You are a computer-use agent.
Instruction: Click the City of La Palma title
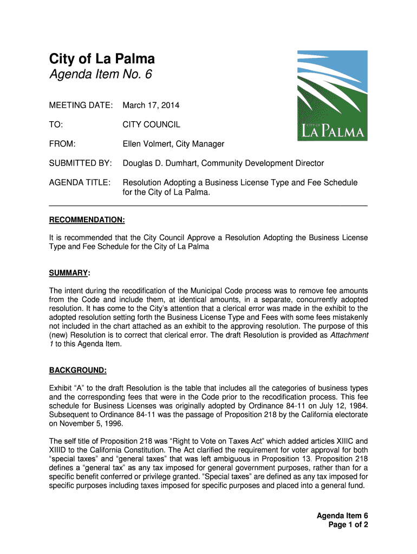coord(102,59)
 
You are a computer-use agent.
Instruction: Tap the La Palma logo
coord(332,96)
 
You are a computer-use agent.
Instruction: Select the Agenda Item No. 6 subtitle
coord(101,75)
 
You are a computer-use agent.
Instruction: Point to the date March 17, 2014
coord(151,105)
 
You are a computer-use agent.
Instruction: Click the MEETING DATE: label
coord(81,105)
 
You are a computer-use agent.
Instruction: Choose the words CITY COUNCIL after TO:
coord(151,124)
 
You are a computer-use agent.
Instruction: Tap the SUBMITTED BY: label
coord(81,163)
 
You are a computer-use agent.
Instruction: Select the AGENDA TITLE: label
coord(80,182)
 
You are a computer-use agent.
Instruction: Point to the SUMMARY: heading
coord(70,273)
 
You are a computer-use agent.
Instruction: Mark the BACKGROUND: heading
coord(78,370)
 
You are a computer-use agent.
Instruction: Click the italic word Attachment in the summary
coord(349,335)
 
